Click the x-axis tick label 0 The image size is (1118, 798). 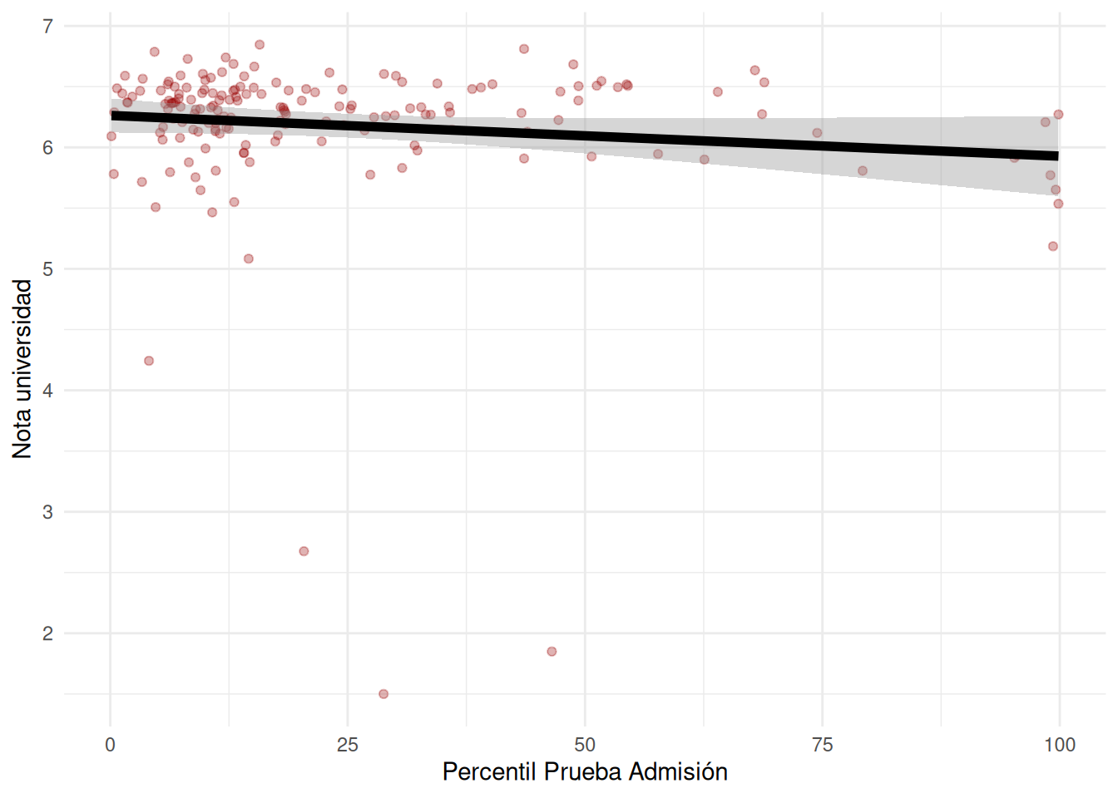(x=111, y=745)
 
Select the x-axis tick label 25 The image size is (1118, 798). (x=348, y=745)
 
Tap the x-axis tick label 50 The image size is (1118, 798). (x=585, y=745)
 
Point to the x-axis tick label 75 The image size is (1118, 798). (x=822, y=745)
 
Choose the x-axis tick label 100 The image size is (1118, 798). (x=1060, y=745)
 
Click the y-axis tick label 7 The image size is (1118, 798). (x=48, y=27)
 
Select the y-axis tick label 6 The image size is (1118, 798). (x=48, y=148)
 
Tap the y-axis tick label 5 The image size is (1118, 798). (x=48, y=269)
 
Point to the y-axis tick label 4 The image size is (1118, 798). (x=48, y=391)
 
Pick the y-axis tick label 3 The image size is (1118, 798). (x=48, y=512)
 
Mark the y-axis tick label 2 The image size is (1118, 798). (x=48, y=633)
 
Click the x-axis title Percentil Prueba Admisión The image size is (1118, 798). (x=585, y=772)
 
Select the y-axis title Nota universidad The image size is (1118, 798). (x=22, y=368)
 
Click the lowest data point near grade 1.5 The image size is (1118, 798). (x=383, y=694)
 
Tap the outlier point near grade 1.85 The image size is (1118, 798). (x=552, y=652)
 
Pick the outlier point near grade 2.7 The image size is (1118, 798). (x=304, y=551)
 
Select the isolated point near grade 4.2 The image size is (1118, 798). (x=149, y=361)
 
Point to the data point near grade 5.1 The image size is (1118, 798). (x=249, y=259)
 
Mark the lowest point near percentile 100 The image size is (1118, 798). (x=1053, y=246)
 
